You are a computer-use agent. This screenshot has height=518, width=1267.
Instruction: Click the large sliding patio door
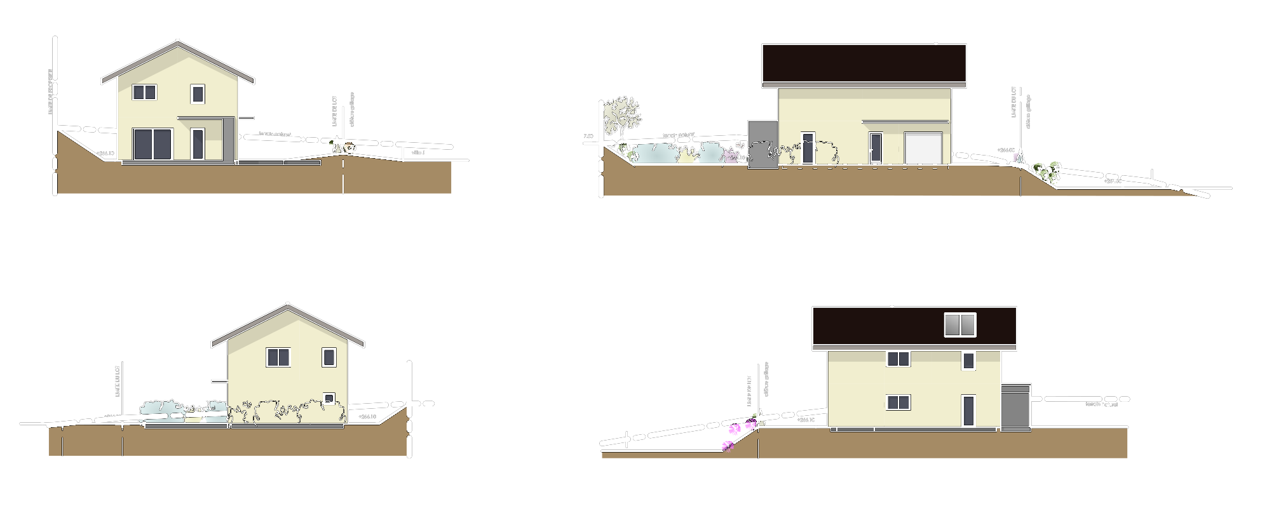[x=152, y=144]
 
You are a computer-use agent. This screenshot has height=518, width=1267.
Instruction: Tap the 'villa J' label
[x=417, y=153]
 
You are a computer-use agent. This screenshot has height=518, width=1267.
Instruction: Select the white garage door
[x=923, y=148]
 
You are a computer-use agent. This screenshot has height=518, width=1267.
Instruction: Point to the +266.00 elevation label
[x=1005, y=150]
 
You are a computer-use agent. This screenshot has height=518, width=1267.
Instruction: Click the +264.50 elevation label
[x=1112, y=182]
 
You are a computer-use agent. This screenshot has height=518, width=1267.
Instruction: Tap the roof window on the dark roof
[x=959, y=324]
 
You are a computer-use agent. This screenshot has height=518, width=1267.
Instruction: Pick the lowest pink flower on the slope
[x=728, y=446]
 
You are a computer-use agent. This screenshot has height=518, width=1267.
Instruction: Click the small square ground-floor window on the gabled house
[x=329, y=398]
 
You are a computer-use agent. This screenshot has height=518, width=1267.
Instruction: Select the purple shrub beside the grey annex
[x=731, y=156]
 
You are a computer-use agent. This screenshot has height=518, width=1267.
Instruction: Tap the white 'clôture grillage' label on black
[x=1028, y=112]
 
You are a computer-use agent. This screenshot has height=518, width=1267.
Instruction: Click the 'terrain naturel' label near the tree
[x=679, y=135]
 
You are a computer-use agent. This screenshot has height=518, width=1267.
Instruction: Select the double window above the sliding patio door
[x=144, y=92]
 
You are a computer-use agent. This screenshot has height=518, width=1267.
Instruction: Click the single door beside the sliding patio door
[x=198, y=144]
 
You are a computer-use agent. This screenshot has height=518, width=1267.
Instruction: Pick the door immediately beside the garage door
[x=876, y=148]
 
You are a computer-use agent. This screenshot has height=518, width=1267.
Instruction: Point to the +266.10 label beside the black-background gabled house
[x=367, y=417]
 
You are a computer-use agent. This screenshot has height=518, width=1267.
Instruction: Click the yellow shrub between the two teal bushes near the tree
[x=686, y=155]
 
